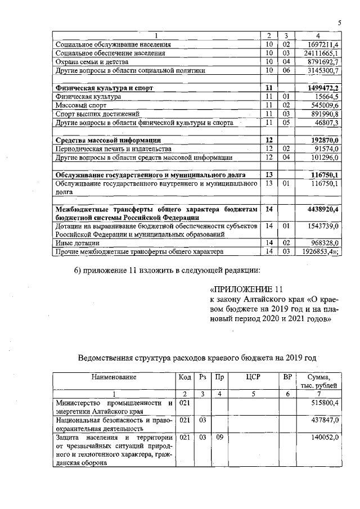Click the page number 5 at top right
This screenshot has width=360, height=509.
point(340,22)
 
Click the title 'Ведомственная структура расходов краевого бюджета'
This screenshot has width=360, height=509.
point(197,357)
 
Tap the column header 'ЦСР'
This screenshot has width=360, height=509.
point(254,377)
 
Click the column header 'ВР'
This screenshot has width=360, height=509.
point(289,377)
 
